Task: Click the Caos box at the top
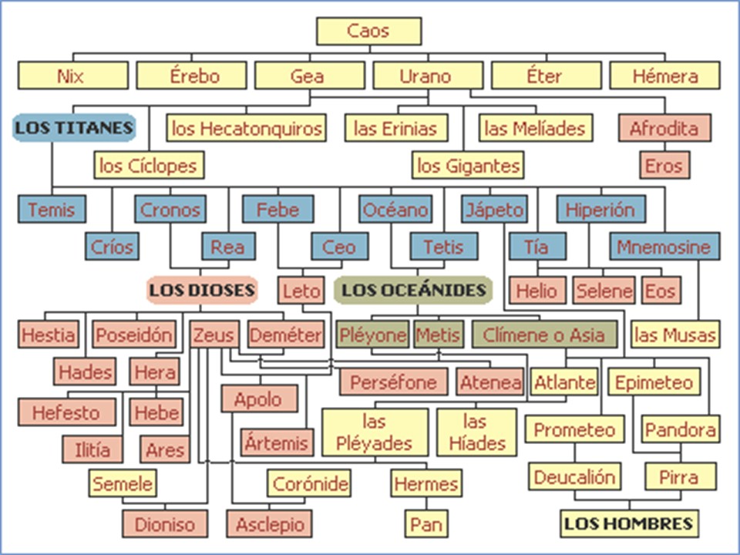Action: [x=368, y=32]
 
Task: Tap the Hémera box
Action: [x=664, y=76]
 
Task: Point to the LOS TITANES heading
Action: [x=74, y=128]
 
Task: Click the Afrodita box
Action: [x=664, y=128]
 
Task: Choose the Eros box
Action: [x=664, y=166]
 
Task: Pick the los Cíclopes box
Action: [x=149, y=165]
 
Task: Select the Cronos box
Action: [x=170, y=210]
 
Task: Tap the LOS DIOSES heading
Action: [x=201, y=291]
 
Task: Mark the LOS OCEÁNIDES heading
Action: [x=413, y=290]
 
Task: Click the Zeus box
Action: [x=213, y=335]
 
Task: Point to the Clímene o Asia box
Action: [x=544, y=335]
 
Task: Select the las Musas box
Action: [x=674, y=335]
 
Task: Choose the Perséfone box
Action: [x=393, y=382]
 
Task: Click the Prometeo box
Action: [x=574, y=429]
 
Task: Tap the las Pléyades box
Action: [x=375, y=432]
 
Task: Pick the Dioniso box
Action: [x=165, y=524]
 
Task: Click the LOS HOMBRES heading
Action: [x=628, y=523]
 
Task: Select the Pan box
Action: [x=425, y=524]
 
